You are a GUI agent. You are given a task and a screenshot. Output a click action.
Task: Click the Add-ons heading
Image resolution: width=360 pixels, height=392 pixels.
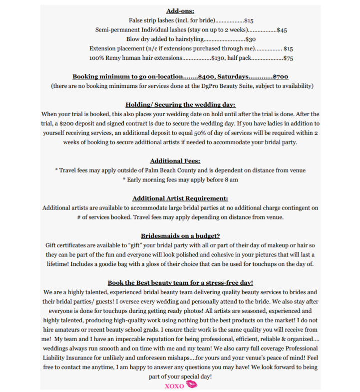(x=180, y=10)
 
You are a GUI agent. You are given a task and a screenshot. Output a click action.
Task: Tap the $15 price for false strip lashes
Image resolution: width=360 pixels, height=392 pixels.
(x=249, y=20)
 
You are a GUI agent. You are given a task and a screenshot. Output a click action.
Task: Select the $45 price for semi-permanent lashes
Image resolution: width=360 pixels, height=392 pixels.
(x=282, y=30)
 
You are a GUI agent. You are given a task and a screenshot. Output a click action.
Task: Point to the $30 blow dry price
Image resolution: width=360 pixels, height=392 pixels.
(x=251, y=39)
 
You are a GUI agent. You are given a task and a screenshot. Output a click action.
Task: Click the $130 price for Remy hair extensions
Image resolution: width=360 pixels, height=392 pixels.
(x=218, y=58)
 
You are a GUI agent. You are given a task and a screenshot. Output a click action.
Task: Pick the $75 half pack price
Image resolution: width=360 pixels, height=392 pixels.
(x=288, y=58)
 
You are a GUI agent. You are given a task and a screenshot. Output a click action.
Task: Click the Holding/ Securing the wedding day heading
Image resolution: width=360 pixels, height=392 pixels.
(x=180, y=104)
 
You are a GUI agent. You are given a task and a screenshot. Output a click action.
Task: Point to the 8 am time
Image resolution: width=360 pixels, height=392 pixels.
(x=231, y=180)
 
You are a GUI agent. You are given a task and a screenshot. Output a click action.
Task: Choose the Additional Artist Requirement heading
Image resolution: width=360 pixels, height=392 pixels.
(x=180, y=198)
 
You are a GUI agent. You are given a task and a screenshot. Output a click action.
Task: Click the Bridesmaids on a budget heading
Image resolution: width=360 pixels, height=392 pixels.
(x=180, y=236)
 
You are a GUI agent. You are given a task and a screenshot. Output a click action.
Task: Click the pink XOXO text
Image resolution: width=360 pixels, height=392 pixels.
(x=174, y=386)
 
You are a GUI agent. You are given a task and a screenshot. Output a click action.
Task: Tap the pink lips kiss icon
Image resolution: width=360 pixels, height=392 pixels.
(x=191, y=385)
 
